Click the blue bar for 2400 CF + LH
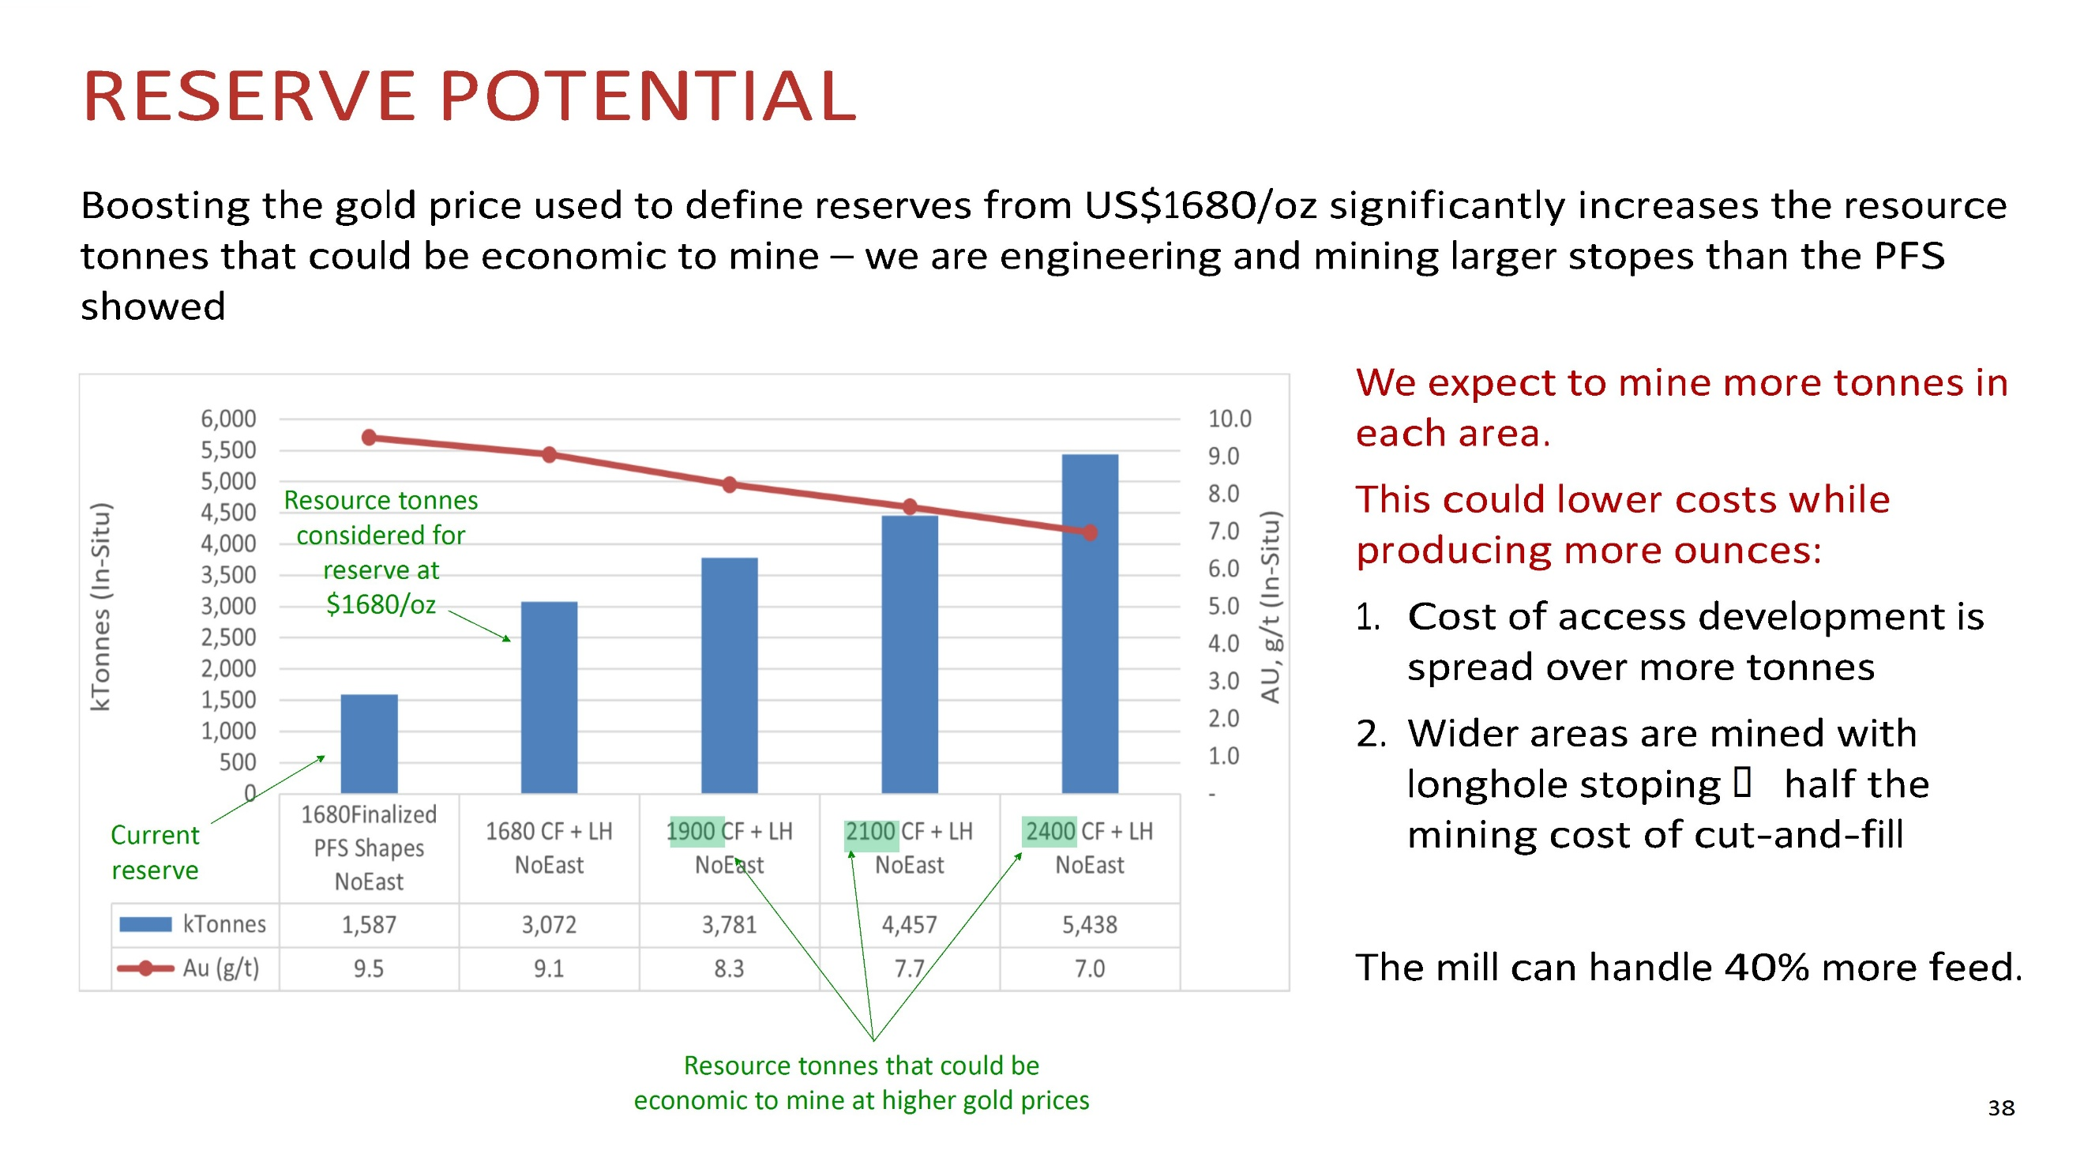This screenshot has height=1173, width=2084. point(1089,623)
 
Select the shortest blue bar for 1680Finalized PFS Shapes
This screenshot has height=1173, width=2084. point(369,743)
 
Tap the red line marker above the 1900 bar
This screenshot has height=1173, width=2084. point(729,484)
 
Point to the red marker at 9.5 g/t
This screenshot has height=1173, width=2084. point(369,438)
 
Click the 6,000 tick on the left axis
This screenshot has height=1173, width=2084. point(228,419)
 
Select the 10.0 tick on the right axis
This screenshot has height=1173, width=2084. point(1229,419)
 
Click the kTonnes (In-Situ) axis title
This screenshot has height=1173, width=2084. point(100,607)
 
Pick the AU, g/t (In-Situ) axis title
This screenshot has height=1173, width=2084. point(1270,607)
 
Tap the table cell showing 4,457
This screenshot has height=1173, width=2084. point(909,925)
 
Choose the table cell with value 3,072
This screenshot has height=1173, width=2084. point(549,925)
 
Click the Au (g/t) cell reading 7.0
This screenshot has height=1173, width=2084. point(1089,968)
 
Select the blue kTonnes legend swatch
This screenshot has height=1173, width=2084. point(145,925)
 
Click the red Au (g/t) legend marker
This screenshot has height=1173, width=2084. point(145,968)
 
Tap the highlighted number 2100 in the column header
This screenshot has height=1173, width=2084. point(870,832)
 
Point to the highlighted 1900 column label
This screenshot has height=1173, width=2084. point(691,832)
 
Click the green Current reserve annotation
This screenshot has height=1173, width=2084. point(155,852)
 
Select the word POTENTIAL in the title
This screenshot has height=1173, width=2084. point(648,96)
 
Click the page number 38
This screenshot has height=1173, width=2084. point(2000,1107)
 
